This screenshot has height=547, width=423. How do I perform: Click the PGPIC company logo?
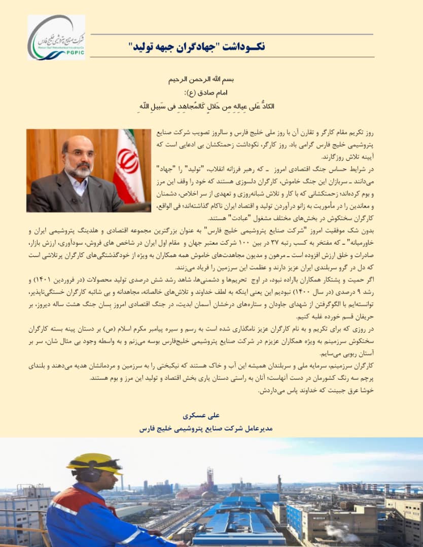[56, 37]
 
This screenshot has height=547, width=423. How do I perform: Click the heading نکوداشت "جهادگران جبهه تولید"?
[197, 47]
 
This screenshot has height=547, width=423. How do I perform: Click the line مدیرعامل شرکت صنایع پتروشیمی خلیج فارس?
[206, 428]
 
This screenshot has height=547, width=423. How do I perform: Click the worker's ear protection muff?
[90, 476]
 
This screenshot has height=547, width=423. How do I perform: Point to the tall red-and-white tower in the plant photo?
[209, 478]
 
